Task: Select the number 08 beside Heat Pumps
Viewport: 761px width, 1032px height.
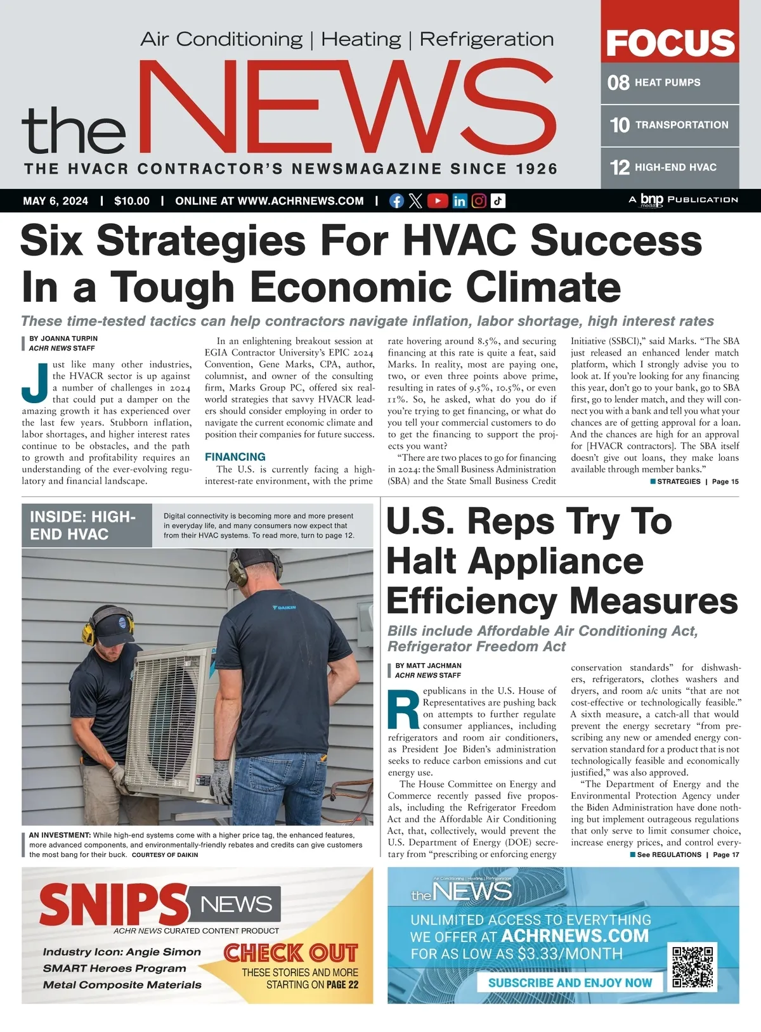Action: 618,82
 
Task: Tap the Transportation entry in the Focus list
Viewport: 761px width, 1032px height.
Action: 681,125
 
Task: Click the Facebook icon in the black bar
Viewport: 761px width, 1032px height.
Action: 396,201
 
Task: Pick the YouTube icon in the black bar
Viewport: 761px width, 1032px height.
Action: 437,201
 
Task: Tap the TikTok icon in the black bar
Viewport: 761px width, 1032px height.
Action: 498,201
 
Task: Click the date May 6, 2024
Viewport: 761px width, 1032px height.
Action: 56,201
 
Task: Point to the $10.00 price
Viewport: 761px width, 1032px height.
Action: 132,201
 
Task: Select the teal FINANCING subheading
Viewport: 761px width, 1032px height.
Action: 235,456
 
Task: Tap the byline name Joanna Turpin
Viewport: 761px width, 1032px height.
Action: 69,339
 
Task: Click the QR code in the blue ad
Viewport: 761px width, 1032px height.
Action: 693,966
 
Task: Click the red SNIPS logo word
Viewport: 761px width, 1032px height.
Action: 113,903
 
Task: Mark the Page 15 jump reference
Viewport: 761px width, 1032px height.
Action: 725,482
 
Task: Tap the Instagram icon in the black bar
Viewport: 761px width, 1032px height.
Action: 479,201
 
